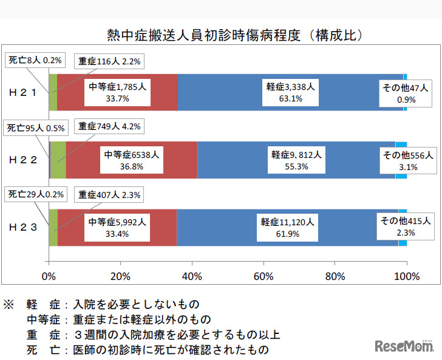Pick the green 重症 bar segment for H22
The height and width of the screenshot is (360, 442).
click(58, 160)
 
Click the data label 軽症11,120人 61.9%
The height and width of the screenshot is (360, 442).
click(285, 228)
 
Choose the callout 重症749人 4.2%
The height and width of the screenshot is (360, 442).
click(109, 127)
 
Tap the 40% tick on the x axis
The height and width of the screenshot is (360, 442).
click(192, 276)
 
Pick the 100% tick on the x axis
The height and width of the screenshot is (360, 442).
click(407, 276)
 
